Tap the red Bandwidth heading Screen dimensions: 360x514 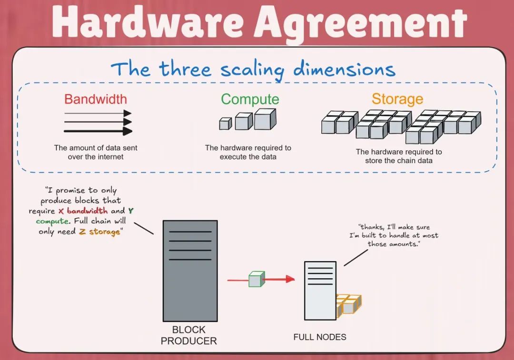pyautogui.click(x=96, y=99)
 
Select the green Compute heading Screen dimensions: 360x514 pyautogui.click(x=250, y=99)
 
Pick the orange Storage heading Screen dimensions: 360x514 pyautogui.click(x=397, y=99)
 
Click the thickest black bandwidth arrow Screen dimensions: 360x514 pyautogui.click(x=98, y=131)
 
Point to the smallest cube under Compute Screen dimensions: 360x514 pyautogui.click(x=225, y=124)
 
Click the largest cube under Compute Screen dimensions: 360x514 pyautogui.click(x=265, y=119)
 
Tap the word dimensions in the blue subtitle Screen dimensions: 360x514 pyautogui.click(x=344, y=69)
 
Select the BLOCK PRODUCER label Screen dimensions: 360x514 pyautogui.click(x=188, y=335)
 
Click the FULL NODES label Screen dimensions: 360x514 pyautogui.click(x=319, y=337)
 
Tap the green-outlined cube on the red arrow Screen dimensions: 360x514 pyautogui.click(x=256, y=279)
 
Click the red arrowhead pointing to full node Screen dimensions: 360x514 pyautogui.click(x=290, y=279)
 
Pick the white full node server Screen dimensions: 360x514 pyautogui.click(x=320, y=290)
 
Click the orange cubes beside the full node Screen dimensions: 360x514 pyautogui.click(x=349, y=305)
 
